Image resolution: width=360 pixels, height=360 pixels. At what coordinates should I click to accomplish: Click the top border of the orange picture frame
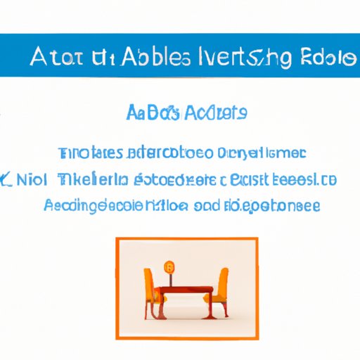pyautogui.click(x=186, y=239)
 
